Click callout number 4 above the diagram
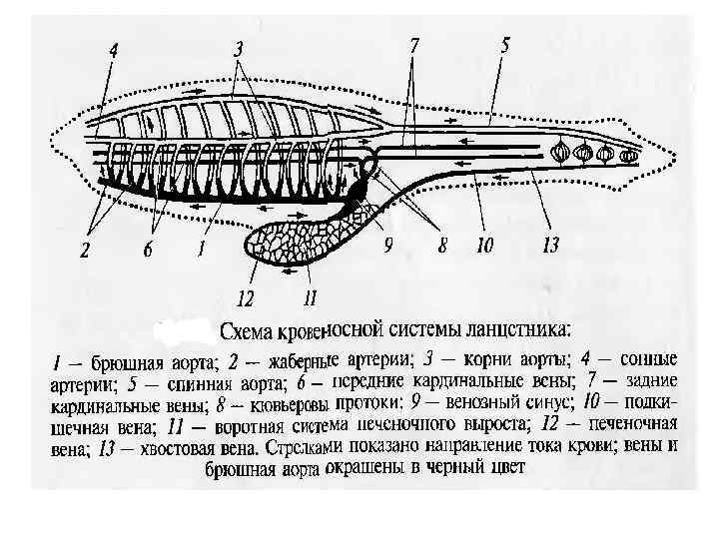coord(113,49)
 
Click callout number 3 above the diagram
coord(238,48)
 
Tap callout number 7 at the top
coord(413,46)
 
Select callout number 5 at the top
coord(504,44)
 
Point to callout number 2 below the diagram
coord(86,253)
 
